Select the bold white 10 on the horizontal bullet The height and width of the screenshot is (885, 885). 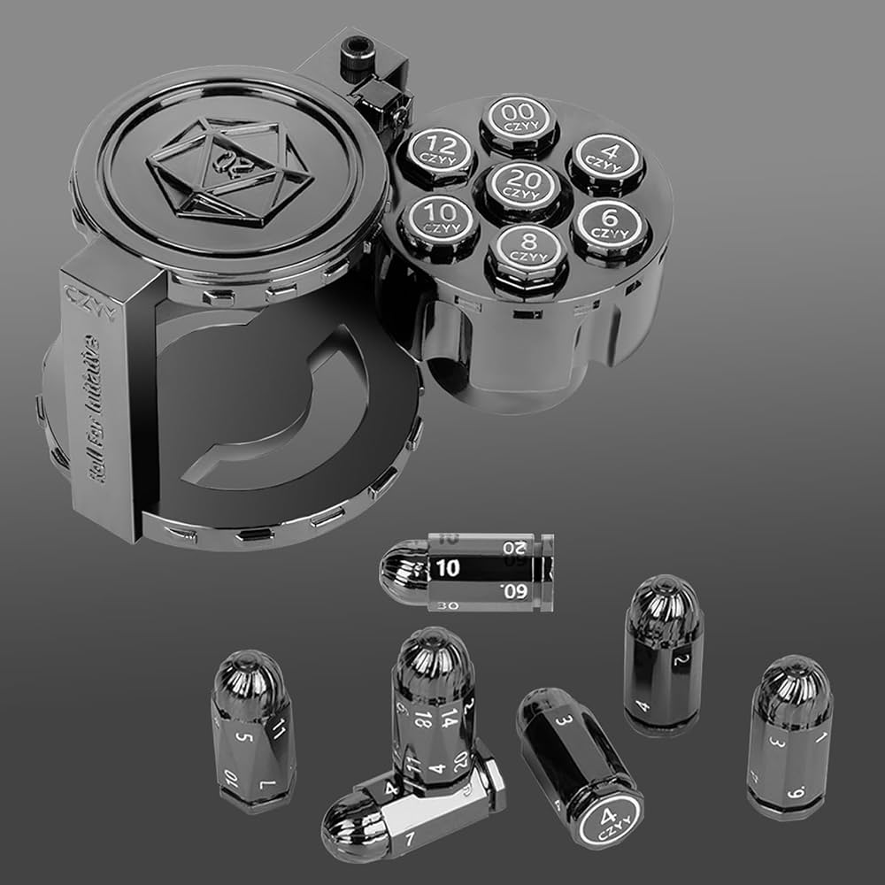coord(448,569)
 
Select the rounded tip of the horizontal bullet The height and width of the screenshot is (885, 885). coord(396,573)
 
